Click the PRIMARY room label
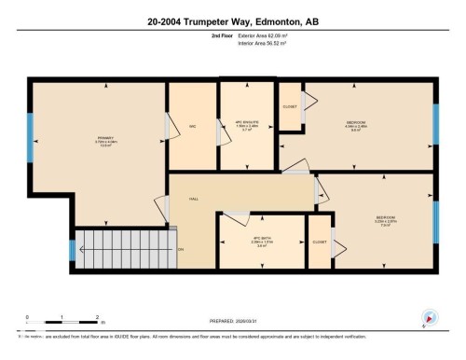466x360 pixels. point(104,140)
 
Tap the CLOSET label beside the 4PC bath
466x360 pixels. point(320,242)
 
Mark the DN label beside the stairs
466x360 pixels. point(181,249)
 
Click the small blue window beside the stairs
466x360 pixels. point(72,250)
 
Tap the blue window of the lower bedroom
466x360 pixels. point(435,221)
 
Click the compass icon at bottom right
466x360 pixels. point(430,317)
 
